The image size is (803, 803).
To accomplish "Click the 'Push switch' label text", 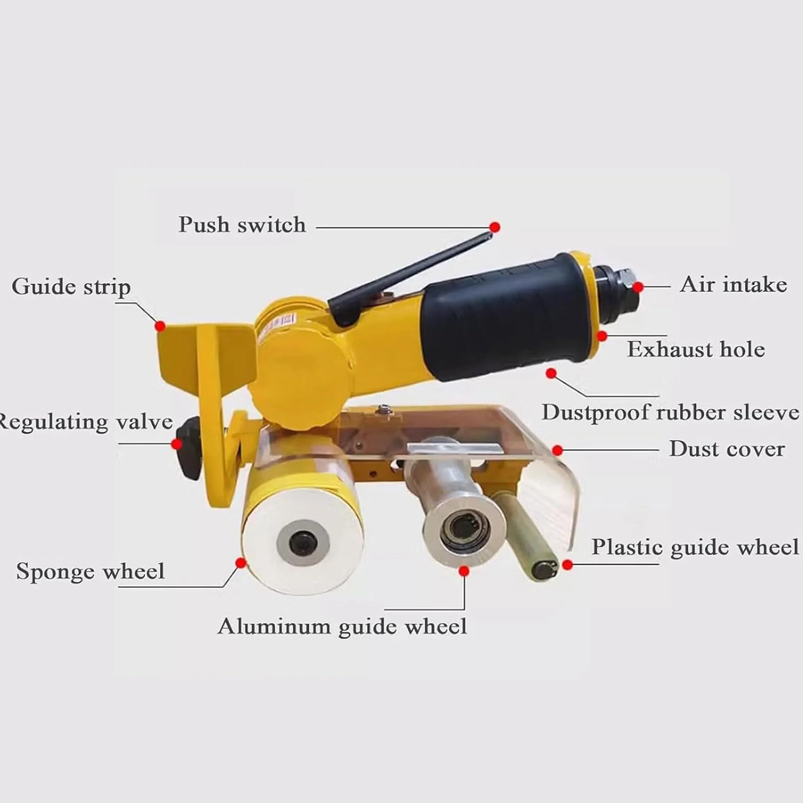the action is click(242, 225).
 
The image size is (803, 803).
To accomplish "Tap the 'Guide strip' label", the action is click(71, 287).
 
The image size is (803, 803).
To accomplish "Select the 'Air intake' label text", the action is click(733, 284).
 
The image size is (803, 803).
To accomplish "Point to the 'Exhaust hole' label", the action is click(696, 349).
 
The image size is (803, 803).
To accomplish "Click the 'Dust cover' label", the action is click(727, 449).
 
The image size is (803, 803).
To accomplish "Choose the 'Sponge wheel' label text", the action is click(91, 572).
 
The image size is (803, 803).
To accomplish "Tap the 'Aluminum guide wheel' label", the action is click(342, 626).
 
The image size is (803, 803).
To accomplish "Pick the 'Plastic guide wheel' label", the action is click(695, 547).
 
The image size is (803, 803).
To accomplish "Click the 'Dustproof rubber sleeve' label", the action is click(670, 413).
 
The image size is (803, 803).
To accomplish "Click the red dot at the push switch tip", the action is click(494, 227).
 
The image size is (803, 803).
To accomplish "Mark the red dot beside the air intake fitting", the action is click(638, 287).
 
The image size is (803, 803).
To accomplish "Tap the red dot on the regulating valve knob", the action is click(177, 443).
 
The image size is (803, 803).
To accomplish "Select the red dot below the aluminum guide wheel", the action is click(464, 570).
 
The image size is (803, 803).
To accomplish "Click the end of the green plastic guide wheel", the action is click(544, 570).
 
